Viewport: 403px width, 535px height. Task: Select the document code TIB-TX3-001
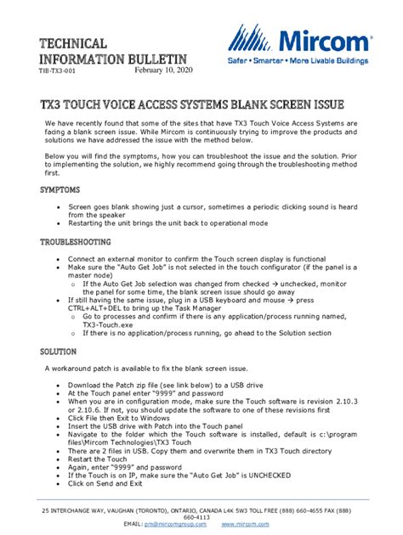(x=56, y=72)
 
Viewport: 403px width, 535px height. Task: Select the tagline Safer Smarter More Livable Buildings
(x=302, y=62)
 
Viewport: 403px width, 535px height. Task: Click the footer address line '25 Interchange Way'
(x=201, y=510)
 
